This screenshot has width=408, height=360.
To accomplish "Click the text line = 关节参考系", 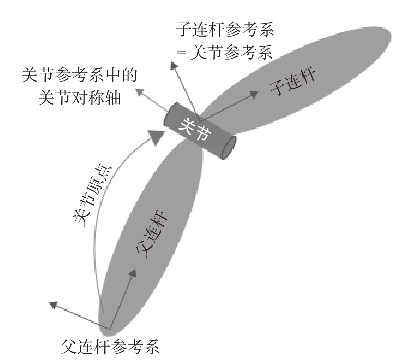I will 232,51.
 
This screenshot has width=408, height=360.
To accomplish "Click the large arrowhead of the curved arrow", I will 156,134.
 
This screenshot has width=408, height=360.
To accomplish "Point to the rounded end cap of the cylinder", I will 230,147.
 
